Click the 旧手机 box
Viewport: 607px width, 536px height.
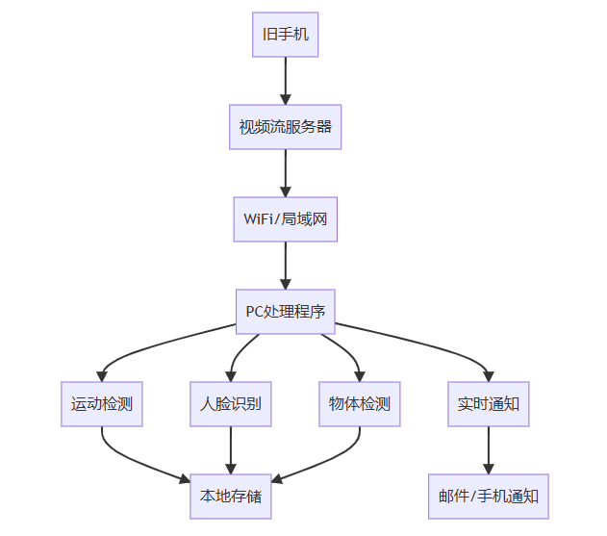285,36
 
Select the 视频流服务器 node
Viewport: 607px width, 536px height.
285,126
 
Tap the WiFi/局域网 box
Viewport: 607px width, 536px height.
285,219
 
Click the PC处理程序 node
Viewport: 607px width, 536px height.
285,312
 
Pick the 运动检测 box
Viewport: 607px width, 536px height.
102,404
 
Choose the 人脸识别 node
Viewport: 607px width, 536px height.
231,404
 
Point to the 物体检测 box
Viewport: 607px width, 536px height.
360,404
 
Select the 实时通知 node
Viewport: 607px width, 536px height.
489,404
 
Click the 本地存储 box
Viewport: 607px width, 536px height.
231,497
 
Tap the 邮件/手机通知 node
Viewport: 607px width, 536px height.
489,497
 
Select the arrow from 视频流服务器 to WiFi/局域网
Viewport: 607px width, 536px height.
285,173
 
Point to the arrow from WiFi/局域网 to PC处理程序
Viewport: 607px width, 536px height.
285,266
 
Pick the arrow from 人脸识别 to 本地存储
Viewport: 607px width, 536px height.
231,450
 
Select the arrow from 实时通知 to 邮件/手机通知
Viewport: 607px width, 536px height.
489,450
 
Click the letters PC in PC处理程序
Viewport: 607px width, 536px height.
254,312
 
